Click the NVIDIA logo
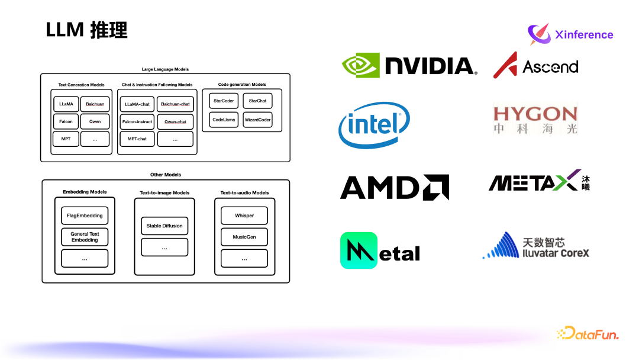pyautogui.click(x=409, y=65)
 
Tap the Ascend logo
pyautogui.click(x=535, y=65)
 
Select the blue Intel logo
pyautogui.click(x=374, y=125)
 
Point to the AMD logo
pyautogui.click(x=394, y=187)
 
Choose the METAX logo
pyautogui.click(x=539, y=181)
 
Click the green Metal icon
pyautogui.click(x=359, y=250)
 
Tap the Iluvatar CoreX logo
pyautogui.click(x=536, y=246)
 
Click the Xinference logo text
pyautogui.click(x=584, y=35)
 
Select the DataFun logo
pyautogui.click(x=588, y=334)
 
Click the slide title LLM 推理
pyautogui.click(x=86, y=30)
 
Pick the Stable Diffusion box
pyautogui.click(x=164, y=226)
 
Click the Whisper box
pyautogui.click(x=244, y=216)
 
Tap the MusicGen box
pyautogui.click(x=244, y=237)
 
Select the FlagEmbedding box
pyautogui.click(x=85, y=216)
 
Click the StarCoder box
pyautogui.click(x=224, y=101)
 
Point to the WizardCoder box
pyautogui.click(x=258, y=120)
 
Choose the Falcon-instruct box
pyautogui.click(x=137, y=122)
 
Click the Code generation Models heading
pyautogui.click(x=242, y=85)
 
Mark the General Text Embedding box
pyautogui.click(x=85, y=237)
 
